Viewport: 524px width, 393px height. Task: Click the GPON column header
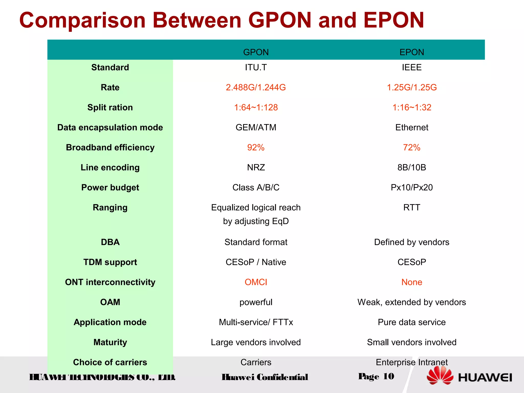pyautogui.click(x=256, y=52)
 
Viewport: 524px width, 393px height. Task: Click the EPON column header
pyautogui.click(x=412, y=52)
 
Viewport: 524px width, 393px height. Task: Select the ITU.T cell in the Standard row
pyautogui.click(x=256, y=68)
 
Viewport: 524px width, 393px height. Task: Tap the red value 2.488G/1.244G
pyautogui.click(x=256, y=88)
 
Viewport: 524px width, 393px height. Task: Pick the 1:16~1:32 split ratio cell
pyautogui.click(x=412, y=107)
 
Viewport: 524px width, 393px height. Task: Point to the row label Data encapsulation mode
pyautogui.click(x=110, y=127)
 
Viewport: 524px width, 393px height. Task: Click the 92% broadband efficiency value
pyautogui.click(x=256, y=147)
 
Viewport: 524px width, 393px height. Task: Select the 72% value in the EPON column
pyautogui.click(x=412, y=147)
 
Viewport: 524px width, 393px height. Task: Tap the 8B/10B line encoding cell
pyautogui.click(x=412, y=167)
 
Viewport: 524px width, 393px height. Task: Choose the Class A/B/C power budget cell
pyautogui.click(x=256, y=188)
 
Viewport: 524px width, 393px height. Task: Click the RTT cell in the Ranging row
pyautogui.click(x=412, y=208)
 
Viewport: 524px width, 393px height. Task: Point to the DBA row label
pyautogui.click(x=110, y=242)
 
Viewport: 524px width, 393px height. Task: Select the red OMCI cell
pyautogui.click(x=256, y=282)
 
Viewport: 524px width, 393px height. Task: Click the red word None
pyautogui.click(x=412, y=282)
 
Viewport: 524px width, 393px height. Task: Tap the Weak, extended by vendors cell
pyautogui.click(x=412, y=302)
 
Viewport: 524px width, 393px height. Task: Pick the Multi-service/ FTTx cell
pyautogui.click(x=256, y=322)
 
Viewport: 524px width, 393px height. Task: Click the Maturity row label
pyautogui.click(x=110, y=342)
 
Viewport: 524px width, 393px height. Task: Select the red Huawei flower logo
pyautogui.click(x=440, y=375)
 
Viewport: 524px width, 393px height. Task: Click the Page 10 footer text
pyautogui.click(x=376, y=376)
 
